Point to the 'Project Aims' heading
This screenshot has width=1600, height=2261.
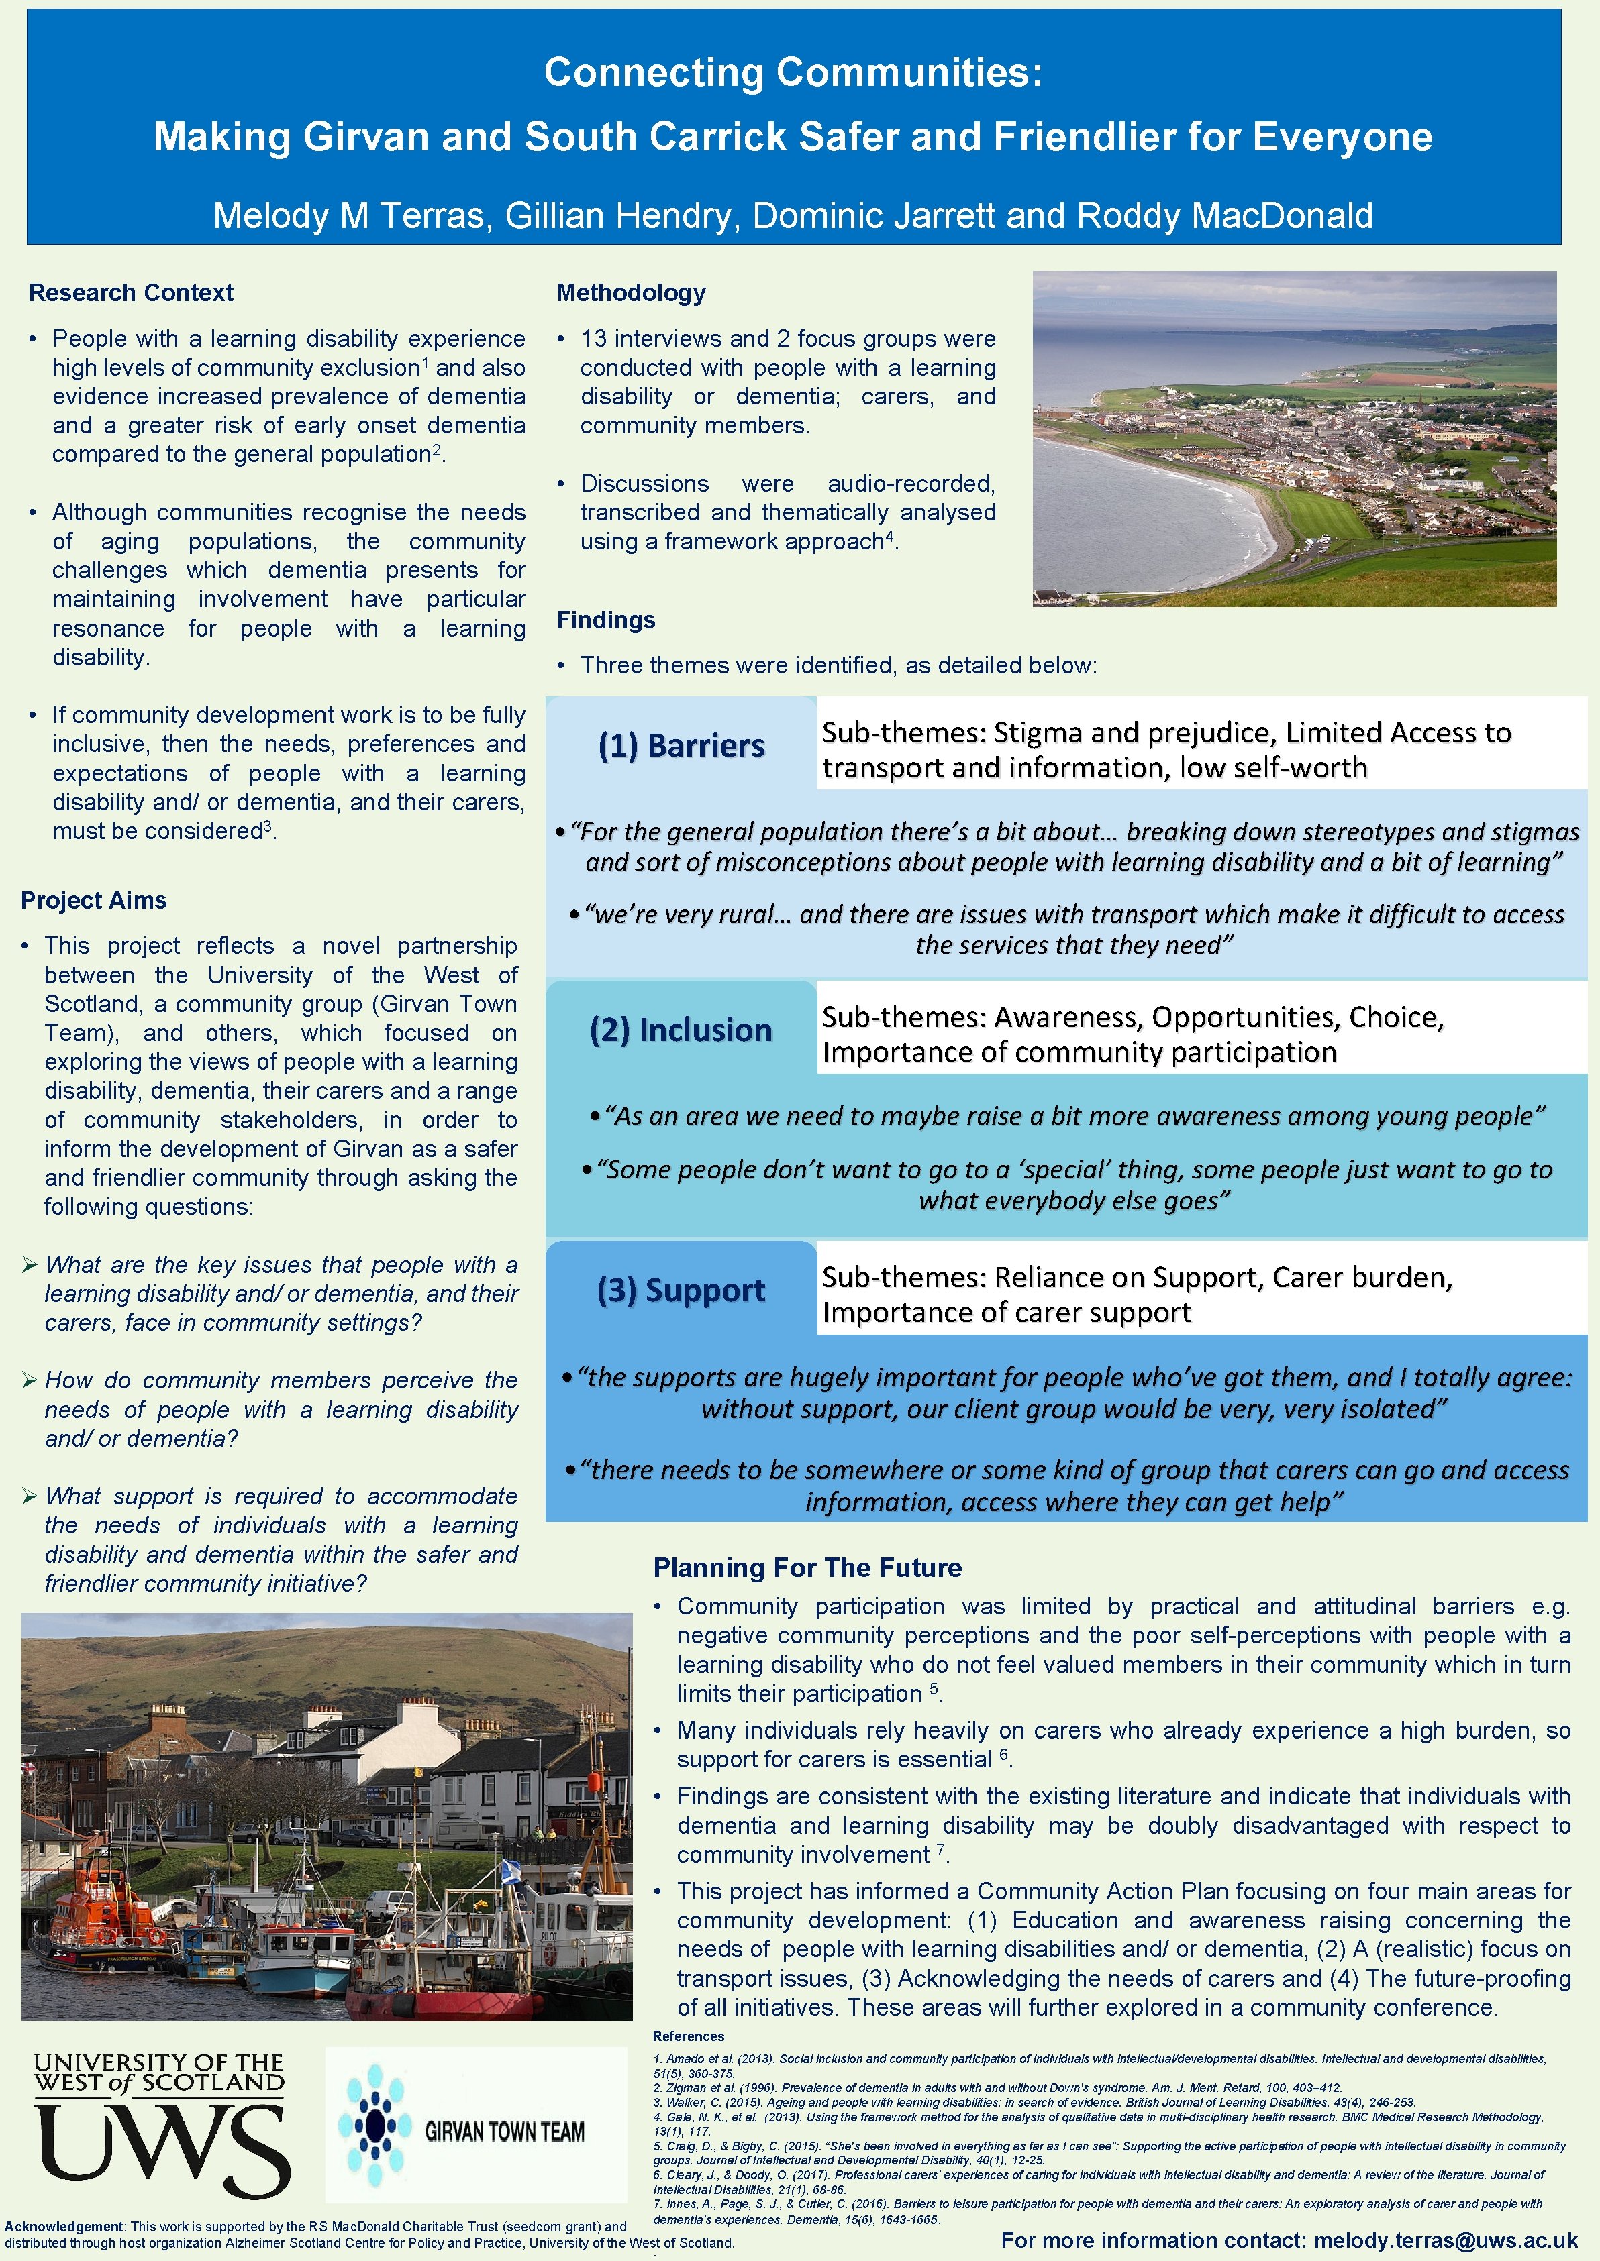pos(93,900)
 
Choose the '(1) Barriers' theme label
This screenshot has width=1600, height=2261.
pos(681,745)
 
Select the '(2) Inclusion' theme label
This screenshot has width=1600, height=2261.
pos(681,1030)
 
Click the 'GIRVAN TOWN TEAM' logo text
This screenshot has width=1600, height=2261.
pos(505,2132)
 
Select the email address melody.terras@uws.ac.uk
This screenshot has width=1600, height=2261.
pos(1446,2240)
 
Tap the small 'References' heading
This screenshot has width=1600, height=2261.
pos(688,2036)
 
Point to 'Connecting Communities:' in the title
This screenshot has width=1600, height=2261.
pos(793,72)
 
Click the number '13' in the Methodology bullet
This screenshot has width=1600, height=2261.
pos(593,339)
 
